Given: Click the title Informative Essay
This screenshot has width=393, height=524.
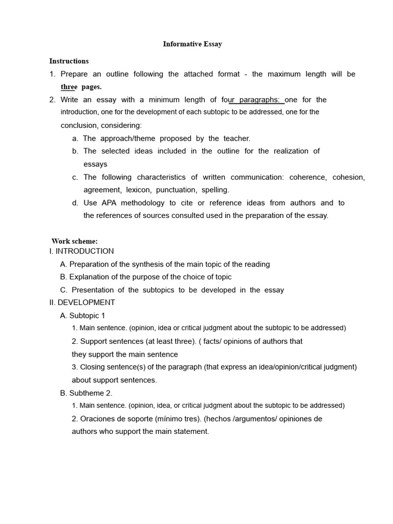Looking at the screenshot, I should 192,44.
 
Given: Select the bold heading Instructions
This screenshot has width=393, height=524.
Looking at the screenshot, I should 69,61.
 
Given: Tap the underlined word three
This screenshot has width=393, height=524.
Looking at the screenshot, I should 69,87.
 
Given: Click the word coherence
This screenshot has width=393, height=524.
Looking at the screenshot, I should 307,177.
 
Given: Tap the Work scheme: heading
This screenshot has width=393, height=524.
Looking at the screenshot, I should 74,241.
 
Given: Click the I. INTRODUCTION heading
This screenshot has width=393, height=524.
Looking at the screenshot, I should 81,251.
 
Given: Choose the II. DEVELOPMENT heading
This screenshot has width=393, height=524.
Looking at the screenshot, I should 82,302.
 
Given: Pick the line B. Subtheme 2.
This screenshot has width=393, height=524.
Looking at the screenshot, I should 86,393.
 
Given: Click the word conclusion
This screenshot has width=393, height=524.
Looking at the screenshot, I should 79,125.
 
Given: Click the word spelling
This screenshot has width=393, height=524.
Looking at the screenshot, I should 215,190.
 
